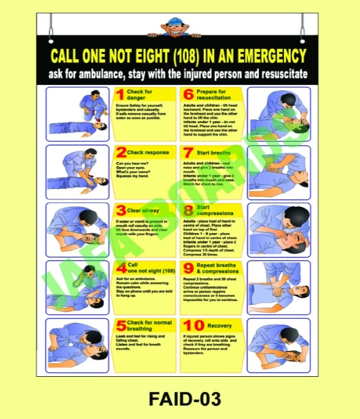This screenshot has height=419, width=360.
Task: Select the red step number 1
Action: click(x=120, y=95)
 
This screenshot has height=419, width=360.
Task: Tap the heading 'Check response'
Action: click(x=149, y=152)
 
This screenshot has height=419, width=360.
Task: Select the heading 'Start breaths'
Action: click(x=214, y=152)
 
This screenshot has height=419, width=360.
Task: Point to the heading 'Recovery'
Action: click(x=219, y=326)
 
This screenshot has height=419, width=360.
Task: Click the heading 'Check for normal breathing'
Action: click(x=149, y=325)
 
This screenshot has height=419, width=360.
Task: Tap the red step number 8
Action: click(x=188, y=210)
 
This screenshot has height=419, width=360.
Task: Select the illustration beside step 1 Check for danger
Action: click(x=77, y=113)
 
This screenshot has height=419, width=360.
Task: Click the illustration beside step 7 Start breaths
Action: click(x=279, y=171)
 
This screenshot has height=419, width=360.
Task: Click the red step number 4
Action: click(x=121, y=269)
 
